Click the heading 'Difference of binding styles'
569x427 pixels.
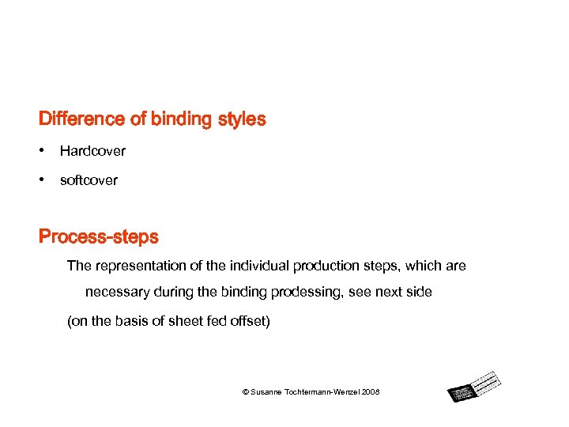point(152,119)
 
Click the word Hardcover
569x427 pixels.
point(92,150)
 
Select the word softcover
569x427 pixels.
point(89,180)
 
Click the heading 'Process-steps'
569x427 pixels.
point(98,236)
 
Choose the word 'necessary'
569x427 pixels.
point(117,292)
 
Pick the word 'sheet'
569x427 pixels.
point(187,322)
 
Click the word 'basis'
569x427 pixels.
point(134,322)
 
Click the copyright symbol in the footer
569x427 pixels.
point(245,392)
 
